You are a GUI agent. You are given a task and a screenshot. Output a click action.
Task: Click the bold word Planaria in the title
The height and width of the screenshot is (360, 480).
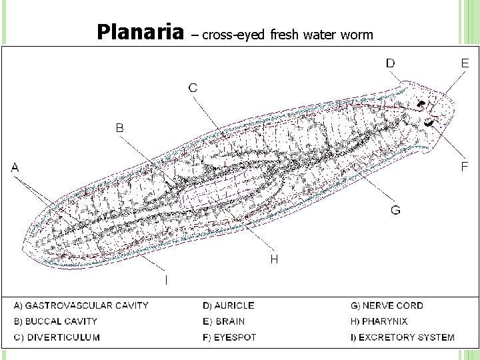coord(140,31)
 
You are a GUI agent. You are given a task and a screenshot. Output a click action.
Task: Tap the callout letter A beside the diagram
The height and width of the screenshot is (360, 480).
coord(15,168)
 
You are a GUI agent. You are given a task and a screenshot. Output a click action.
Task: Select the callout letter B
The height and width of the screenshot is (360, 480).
coord(120,127)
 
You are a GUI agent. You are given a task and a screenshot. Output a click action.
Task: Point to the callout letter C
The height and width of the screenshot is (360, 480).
coord(192,87)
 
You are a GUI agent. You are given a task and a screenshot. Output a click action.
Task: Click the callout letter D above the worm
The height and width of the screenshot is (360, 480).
coord(390,63)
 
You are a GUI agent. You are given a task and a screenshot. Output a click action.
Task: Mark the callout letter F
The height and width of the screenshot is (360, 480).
coord(465,167)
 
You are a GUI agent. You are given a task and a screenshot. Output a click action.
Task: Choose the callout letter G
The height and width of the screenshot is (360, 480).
coord(396,211)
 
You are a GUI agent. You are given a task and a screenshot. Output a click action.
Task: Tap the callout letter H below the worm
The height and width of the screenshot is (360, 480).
coord(274,259)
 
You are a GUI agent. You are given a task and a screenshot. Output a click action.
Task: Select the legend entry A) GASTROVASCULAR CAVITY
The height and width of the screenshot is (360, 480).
coord(81,306)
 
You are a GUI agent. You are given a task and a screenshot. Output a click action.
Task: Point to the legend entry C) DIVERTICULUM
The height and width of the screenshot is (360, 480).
coord(57,337)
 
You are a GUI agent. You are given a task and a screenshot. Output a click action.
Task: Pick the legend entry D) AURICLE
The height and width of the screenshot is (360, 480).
coord(228,306)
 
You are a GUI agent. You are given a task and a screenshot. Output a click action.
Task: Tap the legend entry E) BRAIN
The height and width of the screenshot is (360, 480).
coord(223,321)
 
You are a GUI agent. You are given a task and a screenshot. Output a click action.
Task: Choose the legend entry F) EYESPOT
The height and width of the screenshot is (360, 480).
coord(229,337)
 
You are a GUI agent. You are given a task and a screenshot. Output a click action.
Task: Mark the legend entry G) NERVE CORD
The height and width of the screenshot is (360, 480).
coord(387,306)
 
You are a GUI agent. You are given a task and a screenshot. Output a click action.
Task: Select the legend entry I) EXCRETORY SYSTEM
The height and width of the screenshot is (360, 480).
coord(403,337)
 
